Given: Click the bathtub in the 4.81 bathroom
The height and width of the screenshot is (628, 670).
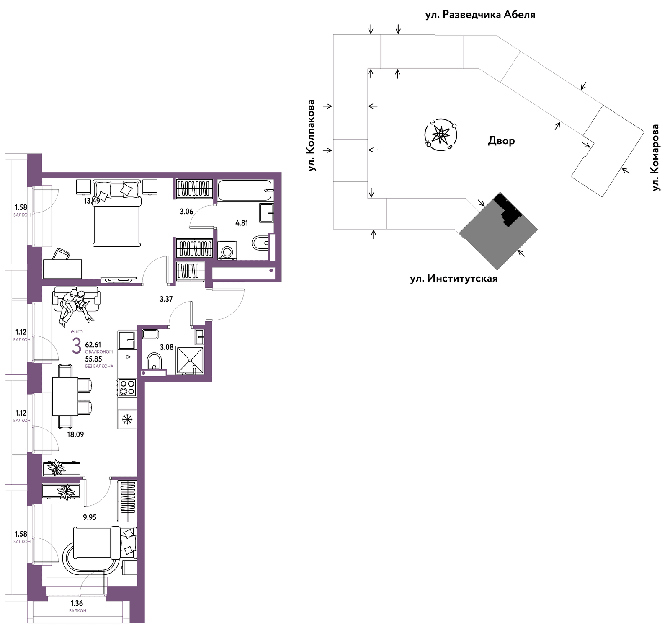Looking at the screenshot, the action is pyautogui.click(x=246, y=191).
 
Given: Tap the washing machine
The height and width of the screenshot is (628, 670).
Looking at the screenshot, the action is pyautogui.click(x=227, y=251).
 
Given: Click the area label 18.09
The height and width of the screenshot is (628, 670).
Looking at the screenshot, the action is pyautogui.click(x=75, y=434).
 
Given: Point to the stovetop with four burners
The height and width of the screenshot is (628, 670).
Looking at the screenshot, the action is pyautogui.click(x=127, y=388).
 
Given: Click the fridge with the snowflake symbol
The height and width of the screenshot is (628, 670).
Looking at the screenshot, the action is pyautogui.click(x=127, y=419).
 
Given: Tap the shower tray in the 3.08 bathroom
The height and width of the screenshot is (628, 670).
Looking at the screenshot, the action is pyautogui.click(x=190, y=360).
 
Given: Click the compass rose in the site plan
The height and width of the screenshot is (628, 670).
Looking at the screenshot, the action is pyautogui.click(x=441, y=135).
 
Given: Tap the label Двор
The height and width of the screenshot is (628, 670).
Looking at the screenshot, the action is pyautogui.click(x=501, y=141).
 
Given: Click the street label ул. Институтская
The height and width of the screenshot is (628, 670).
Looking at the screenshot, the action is pyautogui.click(x=454, y=279).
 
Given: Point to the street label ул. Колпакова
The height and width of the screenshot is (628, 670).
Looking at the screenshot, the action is pyautogui.click(x=311, y=135).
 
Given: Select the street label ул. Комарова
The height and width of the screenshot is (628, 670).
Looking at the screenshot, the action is pyautogui.click(x=655, y=158).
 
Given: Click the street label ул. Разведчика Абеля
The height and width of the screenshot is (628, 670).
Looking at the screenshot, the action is pyautogui.click(x=480, y=15).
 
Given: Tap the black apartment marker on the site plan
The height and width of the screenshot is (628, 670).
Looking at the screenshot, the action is pyautogui.click(x=508, y=209).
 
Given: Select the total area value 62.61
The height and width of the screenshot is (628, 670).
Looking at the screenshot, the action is pyautogui.click(x=93, y=345).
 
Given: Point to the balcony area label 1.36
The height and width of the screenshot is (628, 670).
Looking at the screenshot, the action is pyautogui.click(x=77, y=603).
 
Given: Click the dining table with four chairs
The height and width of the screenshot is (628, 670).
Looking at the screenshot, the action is pyautogui.click(x=72, y=396).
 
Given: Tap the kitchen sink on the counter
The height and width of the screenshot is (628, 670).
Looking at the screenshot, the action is pyautogui.click(x=126, y=340).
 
